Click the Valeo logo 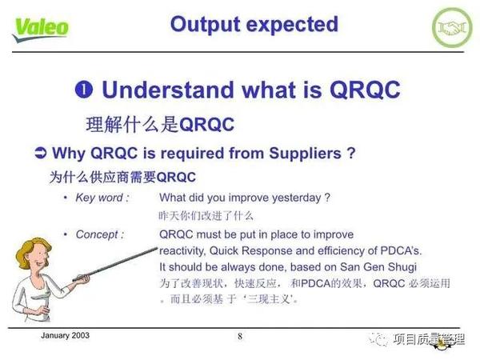coord(40,27)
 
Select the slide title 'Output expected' coord(254,24)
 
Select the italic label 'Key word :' coord(101,197)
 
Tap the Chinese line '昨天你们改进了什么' coord(206,215)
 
